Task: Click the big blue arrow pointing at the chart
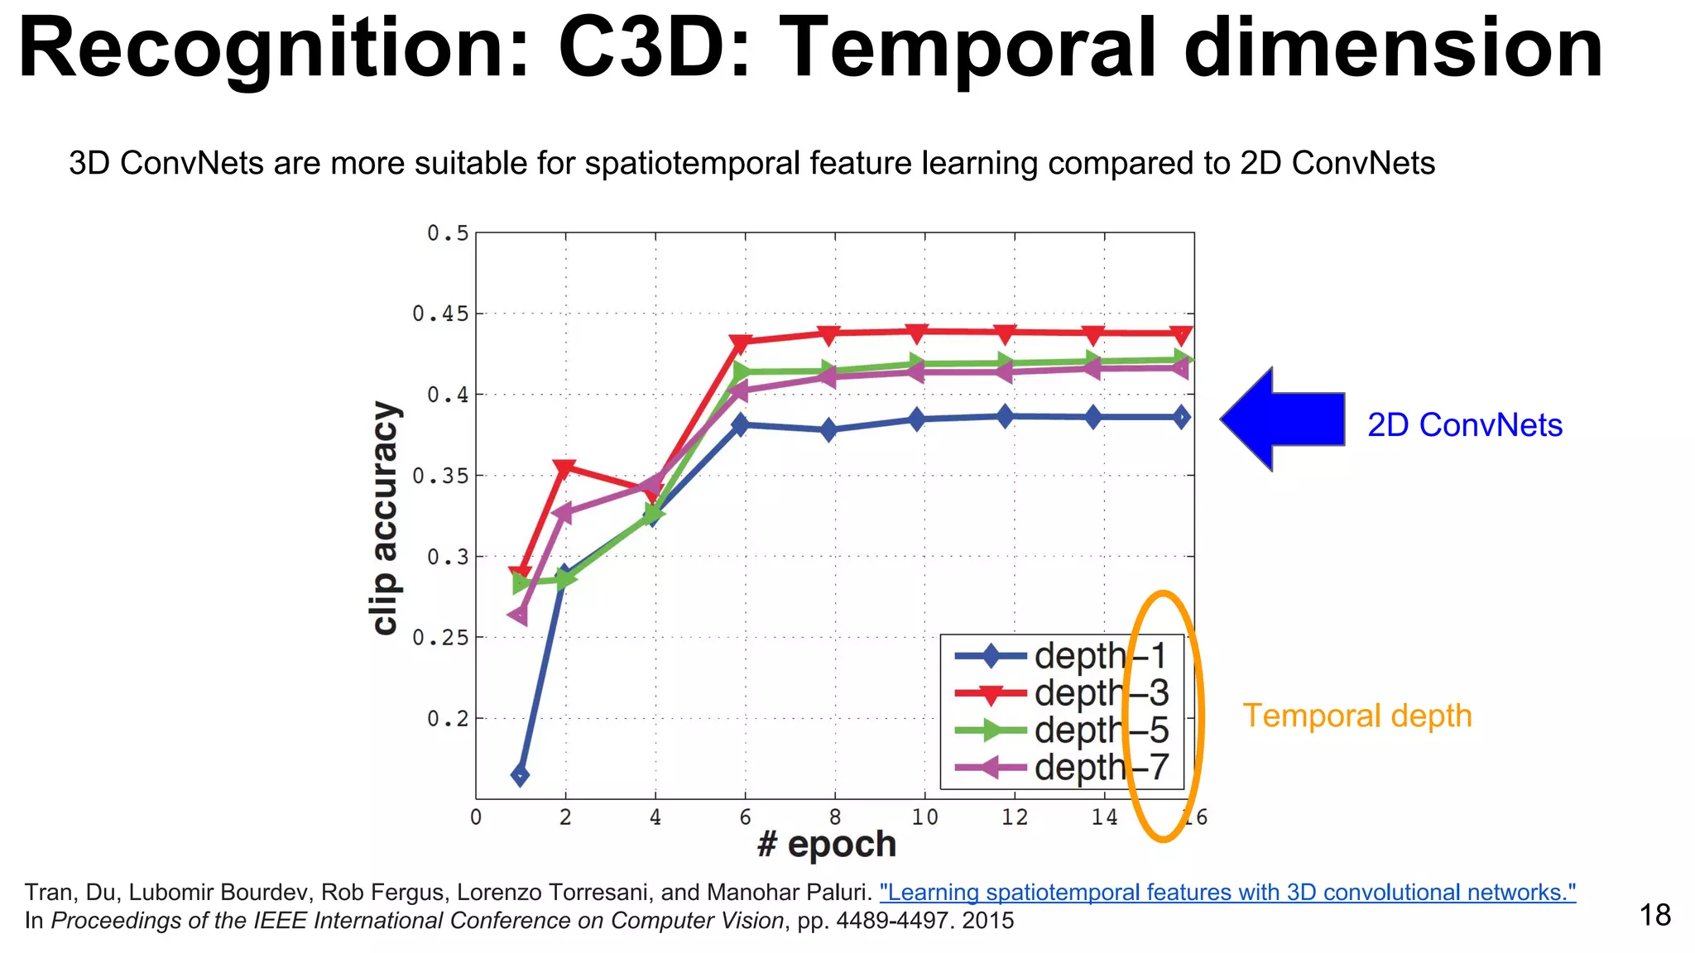[x=1283, y=419]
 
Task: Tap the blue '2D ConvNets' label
[x=1464, y=425]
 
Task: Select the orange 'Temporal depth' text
[x=1357, y=716]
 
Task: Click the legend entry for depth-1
[x=1061, y=656]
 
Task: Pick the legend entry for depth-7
[x=1061, y=768]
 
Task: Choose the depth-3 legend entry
[x=1061, y=693]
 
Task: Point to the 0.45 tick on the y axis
[x=440, y=314]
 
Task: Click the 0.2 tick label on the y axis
[x=447, y=719]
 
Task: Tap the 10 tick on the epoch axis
[x=924, y=817]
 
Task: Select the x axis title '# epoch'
[x=826, y=845]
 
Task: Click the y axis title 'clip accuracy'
[x=385, y=518]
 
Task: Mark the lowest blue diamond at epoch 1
[x=520, y=775]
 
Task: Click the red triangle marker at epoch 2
[x=565, y=468]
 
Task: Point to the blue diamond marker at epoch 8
[x=828, y=430]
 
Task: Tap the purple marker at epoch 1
[x=518, y=615]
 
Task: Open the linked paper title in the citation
[x=1227, y=893]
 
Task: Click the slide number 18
[x=1654, y=915]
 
